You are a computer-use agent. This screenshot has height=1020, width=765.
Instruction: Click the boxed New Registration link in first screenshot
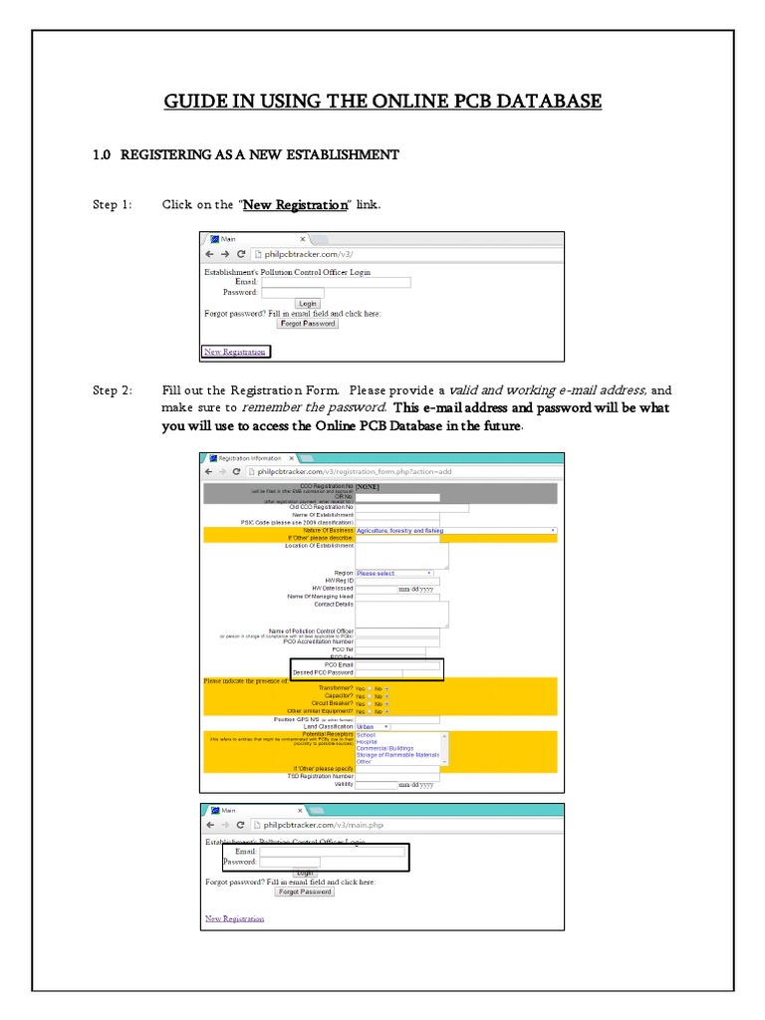pyautogui.click(x=235, y=352)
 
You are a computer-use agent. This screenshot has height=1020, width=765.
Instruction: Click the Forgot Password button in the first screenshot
pyautogui.click(x=307, y=324)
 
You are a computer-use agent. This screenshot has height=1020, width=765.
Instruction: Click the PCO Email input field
pyautogui.click(x=398, y=664)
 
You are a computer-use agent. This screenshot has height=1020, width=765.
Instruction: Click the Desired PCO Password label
pyautogui.click(x=323, y=673)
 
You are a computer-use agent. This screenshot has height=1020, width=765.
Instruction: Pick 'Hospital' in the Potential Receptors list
pyautogui.click(x=369, y=741)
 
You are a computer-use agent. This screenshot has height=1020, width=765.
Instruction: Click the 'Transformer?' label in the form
pyautogui.click(x=335, y=688)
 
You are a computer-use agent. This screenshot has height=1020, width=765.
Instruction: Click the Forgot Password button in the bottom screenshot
pyautogui.click(x=304, y=892)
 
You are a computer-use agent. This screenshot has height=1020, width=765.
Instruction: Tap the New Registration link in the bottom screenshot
pyautogui.click(x=235, y=918)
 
